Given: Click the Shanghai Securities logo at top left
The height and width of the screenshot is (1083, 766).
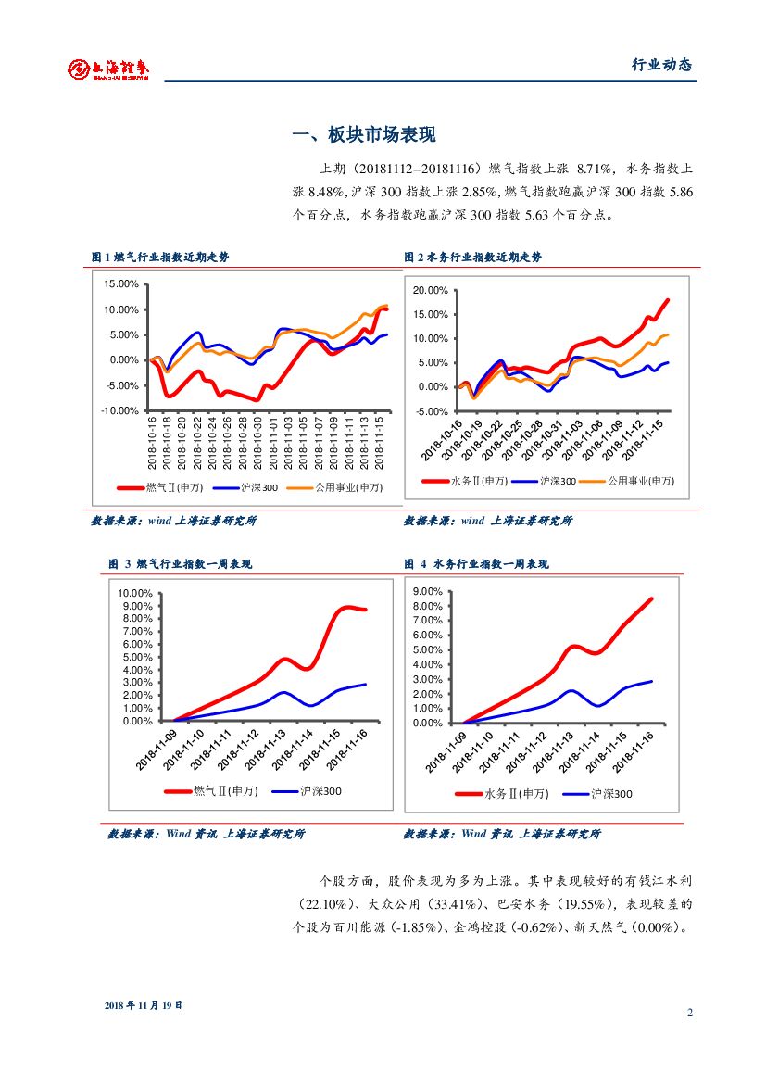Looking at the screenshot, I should pos(108,69).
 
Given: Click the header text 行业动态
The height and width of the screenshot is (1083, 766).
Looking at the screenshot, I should pos(661,65).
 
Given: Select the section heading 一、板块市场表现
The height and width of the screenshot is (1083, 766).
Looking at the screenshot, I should pos(363,135).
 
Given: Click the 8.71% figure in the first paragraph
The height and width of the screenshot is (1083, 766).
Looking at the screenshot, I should pos(593,169).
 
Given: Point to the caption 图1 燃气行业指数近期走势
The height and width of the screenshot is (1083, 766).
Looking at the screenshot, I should pos(160,257).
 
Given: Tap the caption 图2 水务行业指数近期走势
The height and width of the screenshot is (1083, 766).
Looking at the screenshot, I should pos(472,257).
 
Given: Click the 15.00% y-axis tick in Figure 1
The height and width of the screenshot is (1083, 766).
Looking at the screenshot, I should pos(121,284).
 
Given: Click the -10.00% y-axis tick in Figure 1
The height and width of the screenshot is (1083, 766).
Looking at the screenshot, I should pos(119,410).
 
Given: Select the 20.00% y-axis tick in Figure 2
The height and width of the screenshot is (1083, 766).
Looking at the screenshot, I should pos(430,291).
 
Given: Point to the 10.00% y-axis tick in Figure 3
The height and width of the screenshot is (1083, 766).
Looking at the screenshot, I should pos(134,593).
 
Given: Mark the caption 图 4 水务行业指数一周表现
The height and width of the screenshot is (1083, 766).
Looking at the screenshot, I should pos(476,563).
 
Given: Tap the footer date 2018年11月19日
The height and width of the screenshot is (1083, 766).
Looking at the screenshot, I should pos(144,1004).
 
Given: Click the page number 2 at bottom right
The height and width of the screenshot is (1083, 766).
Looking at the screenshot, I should pos(690,1012).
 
